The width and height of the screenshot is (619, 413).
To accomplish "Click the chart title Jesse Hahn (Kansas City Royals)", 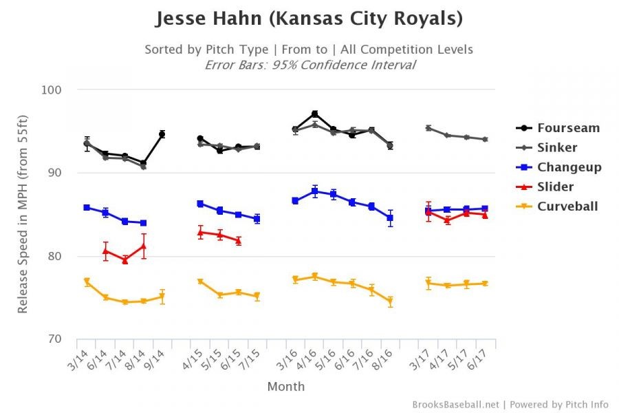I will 309,19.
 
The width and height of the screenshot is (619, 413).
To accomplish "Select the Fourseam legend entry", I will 568,128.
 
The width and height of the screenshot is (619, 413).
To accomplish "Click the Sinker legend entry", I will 557,147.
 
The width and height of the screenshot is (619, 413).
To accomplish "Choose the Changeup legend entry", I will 569,167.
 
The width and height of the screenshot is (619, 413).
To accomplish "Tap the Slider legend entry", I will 556,187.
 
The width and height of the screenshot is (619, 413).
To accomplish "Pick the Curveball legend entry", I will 567,206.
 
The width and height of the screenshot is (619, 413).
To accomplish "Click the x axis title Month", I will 285,386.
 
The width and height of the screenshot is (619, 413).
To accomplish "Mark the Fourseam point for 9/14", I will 162,134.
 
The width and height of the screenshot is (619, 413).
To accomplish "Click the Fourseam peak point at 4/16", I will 314,114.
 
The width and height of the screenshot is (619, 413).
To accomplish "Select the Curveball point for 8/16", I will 390,301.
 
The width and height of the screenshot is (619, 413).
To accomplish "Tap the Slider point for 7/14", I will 124,260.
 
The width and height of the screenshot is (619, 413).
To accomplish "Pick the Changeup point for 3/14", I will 87,207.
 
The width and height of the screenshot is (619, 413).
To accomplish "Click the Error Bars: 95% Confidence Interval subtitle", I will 309,65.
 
